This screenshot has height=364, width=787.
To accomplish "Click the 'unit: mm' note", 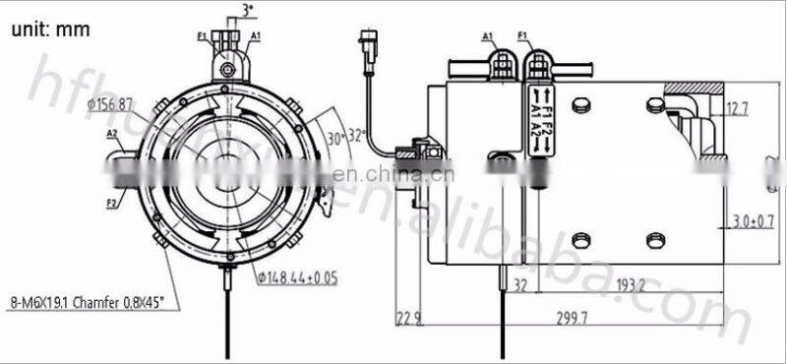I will tap(51, 29).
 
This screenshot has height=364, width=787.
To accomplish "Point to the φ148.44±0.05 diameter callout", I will tap(295, 277).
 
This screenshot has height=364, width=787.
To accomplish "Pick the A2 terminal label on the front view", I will tap(112, 133).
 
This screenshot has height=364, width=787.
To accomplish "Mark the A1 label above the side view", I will tap(488, 37).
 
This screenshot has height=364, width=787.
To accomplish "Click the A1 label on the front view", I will tap(255, 36).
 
